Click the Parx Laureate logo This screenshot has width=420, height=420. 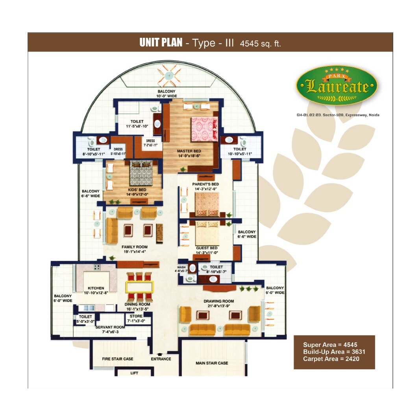[337, 85]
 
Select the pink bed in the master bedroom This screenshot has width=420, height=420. [204, 129]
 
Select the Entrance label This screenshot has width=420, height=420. [161, 359]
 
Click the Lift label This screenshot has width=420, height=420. [134, 373]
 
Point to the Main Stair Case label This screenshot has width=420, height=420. [212, 363]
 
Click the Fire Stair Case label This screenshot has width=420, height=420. [118, 359]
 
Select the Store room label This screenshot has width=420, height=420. [136, 318]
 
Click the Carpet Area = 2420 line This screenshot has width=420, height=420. [331, 359]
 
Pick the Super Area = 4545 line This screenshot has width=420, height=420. [330, 345]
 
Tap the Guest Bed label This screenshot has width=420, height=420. [207, 250]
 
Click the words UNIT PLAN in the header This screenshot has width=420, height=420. [161, 43]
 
